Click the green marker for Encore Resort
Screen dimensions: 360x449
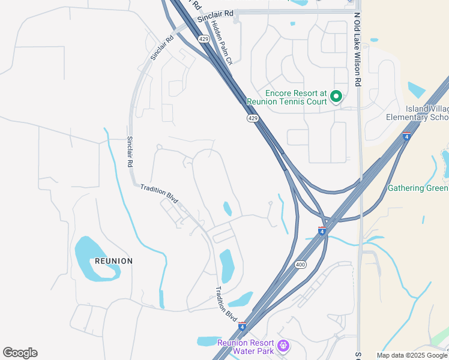click(x=337, y=96)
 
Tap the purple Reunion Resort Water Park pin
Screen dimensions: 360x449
click(x=284, y=346)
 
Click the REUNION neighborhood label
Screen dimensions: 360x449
click(x=113, y=261)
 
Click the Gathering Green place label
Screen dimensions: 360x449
click(x=418, y=188)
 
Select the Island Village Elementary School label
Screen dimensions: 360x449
click(x=418, y=113)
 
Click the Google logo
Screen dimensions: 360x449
click(x=20, y=353)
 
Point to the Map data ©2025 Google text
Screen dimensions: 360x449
click(x=412, y=355)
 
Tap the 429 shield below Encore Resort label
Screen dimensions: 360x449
click(x=252, y=119)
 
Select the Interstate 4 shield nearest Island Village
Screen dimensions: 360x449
click(x=406, y=136)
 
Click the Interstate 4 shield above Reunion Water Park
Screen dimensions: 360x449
click(x=242, y=326)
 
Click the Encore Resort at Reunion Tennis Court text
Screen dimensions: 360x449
click(x=297, y=97)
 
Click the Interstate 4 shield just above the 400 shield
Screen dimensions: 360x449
click(x=322, y=231)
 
